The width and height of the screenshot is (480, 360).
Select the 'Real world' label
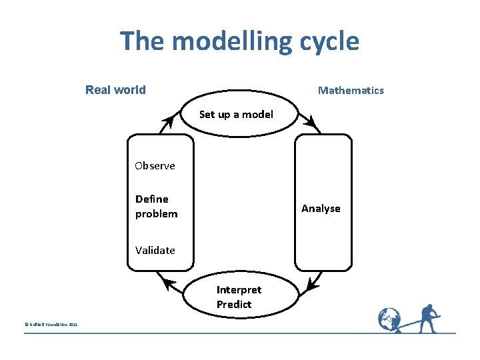[x=115, y=90]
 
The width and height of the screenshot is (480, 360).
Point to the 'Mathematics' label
[x=351, y=90]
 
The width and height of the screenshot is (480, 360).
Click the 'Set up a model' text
[x=236, y=114]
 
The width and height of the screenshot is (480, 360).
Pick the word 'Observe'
[x=155, y=165]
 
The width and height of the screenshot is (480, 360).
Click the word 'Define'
[x=152, y=199]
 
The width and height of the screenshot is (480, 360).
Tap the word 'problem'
[x=157, y=213]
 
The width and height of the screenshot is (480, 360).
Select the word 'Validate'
[x=155, y=250]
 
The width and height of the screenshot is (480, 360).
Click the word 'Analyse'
[x=321, y=208]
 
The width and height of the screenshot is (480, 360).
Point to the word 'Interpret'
[x=239, y=289]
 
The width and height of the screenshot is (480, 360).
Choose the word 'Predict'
[x=234, y=304]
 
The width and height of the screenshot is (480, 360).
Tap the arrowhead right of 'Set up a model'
[x=309, y=121]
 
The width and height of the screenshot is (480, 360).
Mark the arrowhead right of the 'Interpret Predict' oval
[x=312, y=284]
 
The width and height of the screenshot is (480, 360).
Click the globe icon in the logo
[x=389, y=319]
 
